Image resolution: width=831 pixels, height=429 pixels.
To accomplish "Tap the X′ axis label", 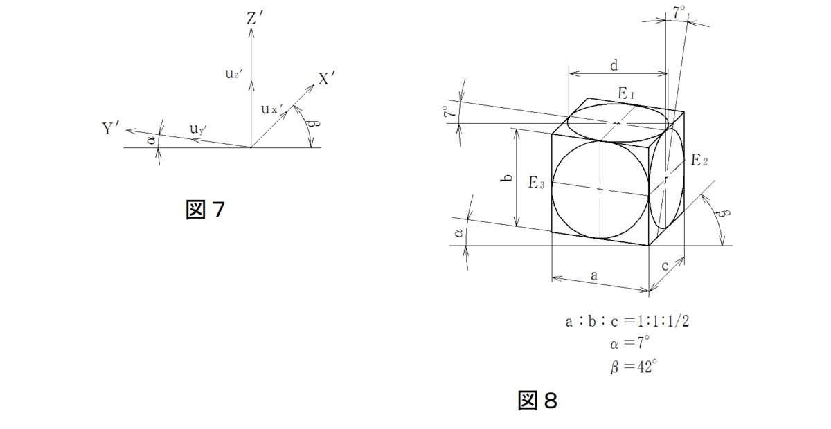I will pyautogui.click(x=326, y=80).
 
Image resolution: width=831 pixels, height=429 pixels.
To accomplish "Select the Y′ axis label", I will pyautogui.click(x=112, y=128).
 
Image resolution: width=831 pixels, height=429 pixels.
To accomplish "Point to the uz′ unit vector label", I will pyautogui.click(x=233, y=74).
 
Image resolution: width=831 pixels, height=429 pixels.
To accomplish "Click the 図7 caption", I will pyautogui.click(x=206, y=210).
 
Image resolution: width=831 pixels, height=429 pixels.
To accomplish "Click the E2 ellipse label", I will pyautogui.click(x=699, y=160).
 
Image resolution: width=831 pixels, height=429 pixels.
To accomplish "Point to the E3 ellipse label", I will pyautogui.click(x=537, y=183).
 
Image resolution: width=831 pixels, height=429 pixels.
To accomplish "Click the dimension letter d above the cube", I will pyautogui.click(x=614, y=66).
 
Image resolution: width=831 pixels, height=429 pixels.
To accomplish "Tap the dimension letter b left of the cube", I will pyautogui.click(x=507, y=178).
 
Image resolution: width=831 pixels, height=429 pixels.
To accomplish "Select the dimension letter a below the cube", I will pyautogui.click(x=594, y=275).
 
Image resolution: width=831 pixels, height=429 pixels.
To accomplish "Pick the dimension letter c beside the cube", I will pyautogui.click(x=665, y=265).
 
